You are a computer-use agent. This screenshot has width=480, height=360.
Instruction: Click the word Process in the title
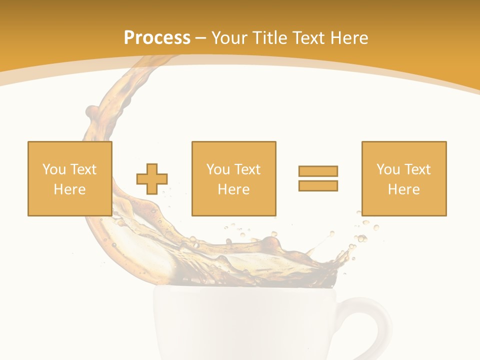coord(157,38)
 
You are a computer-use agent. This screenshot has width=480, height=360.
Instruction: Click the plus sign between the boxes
coord(152,178)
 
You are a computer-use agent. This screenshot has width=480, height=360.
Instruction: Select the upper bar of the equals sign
coord(318,171)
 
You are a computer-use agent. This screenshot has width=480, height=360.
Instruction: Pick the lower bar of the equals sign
coord(318,185)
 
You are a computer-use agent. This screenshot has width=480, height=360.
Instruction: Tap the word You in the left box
coord(54,169)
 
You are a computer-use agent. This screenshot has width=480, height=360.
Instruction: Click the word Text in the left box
coord(82,169)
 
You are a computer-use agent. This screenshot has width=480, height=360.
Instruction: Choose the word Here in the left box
coord(69,189)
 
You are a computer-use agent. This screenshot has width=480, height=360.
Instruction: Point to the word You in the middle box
coord(218,169)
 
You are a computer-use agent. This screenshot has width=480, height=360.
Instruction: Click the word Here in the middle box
coord(233,189)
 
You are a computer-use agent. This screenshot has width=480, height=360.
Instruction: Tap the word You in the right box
coord(388,169)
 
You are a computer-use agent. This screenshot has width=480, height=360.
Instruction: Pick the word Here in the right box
coord(403,189)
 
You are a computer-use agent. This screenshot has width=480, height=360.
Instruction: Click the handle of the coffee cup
coord(380,325)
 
